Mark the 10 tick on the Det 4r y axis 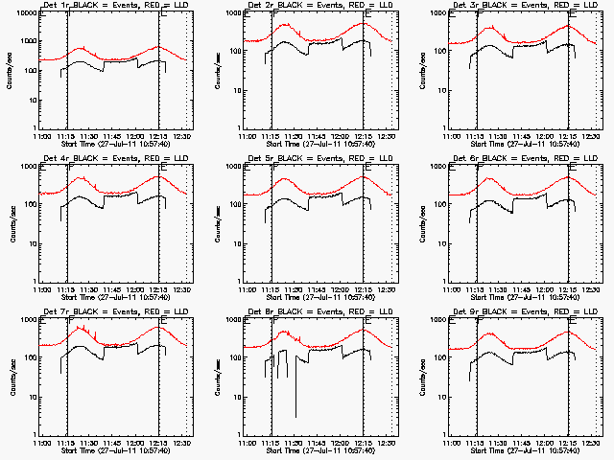pos(29,243)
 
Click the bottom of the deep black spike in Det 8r pos(295,417)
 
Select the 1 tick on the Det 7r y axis pos(32,434)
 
